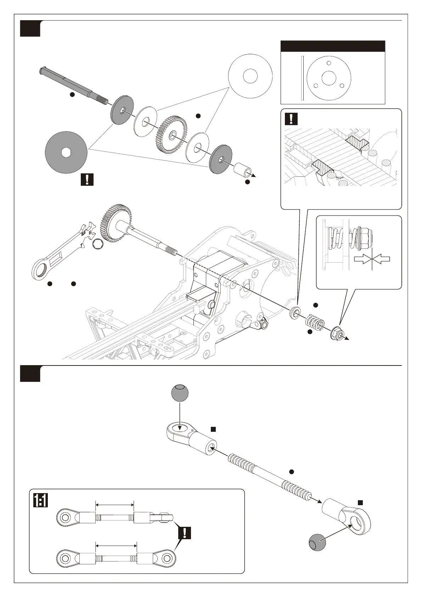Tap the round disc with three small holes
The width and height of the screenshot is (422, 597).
click(x=329, y=78)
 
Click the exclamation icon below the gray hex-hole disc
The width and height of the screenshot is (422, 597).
click(x=87, y=179)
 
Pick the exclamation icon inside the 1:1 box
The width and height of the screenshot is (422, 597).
click(x=185, y=532)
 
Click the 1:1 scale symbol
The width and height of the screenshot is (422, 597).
click(x=41, y=501)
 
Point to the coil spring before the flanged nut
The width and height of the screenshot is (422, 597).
click(x=315, y=322)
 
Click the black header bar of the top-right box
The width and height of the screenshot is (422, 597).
click(x=333, y=46)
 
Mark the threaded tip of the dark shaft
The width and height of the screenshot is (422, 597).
click(x=102, y=100)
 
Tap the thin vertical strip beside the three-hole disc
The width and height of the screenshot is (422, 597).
click(x=302, y=78)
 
